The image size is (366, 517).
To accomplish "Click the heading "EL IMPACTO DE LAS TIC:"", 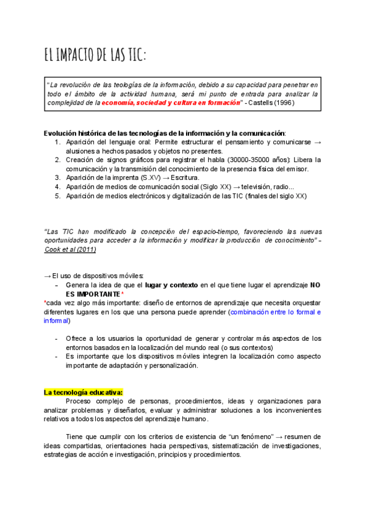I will pos(95,55).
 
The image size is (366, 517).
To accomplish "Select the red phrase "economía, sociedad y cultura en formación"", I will pos(171,103).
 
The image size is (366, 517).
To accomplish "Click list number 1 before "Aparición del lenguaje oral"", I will pos(56,142).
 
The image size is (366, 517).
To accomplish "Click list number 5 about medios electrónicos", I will pos(56,196).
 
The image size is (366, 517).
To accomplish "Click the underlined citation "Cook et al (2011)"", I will pos(71,249).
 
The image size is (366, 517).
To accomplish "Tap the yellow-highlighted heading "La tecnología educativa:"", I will pos(84,392).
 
